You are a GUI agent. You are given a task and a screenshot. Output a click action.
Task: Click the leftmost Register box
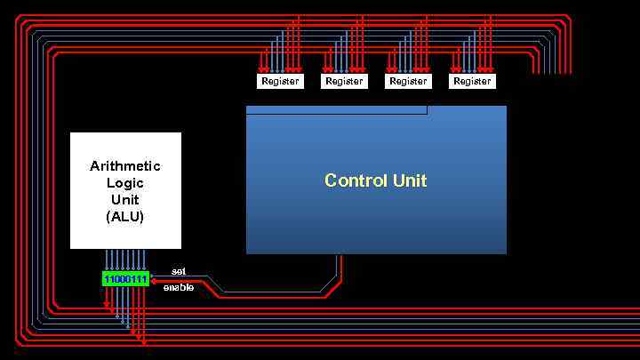(280, 81)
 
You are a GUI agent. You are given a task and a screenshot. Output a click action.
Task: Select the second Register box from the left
(344, 81)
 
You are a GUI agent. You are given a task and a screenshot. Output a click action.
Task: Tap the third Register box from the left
(408, 81)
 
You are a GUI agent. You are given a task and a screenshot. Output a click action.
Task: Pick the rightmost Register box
(472, 81)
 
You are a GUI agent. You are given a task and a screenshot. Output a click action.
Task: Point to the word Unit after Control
(409, 180)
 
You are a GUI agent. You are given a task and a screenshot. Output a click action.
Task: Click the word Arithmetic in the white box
(125, 165)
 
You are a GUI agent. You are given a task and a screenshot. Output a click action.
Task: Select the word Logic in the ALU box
(125, 182)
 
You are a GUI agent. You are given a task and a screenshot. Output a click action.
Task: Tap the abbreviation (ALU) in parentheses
(125, 216)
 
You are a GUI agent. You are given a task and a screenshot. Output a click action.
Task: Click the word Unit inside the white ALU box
(125, 199)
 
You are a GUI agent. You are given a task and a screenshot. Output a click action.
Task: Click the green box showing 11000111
(125, 279)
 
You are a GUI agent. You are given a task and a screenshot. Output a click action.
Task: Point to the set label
(179, 270)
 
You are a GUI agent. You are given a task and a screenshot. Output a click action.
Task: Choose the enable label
(179, 288)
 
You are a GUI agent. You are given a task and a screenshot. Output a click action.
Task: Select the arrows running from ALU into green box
(125, 260)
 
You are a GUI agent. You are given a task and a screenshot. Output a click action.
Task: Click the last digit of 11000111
(144, 279)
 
